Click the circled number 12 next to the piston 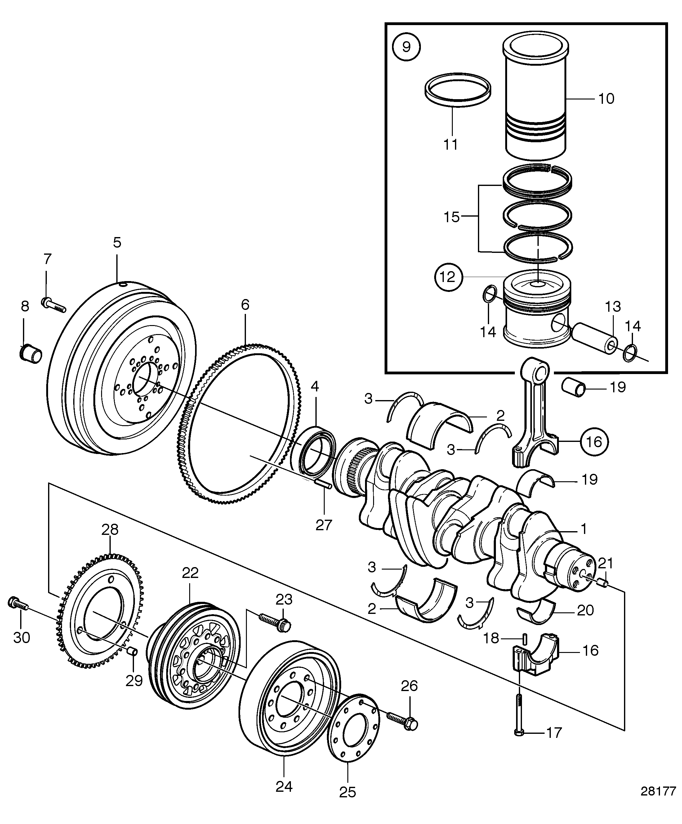[447, 277]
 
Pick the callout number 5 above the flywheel [117, 243]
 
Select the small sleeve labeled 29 [133, 652]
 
